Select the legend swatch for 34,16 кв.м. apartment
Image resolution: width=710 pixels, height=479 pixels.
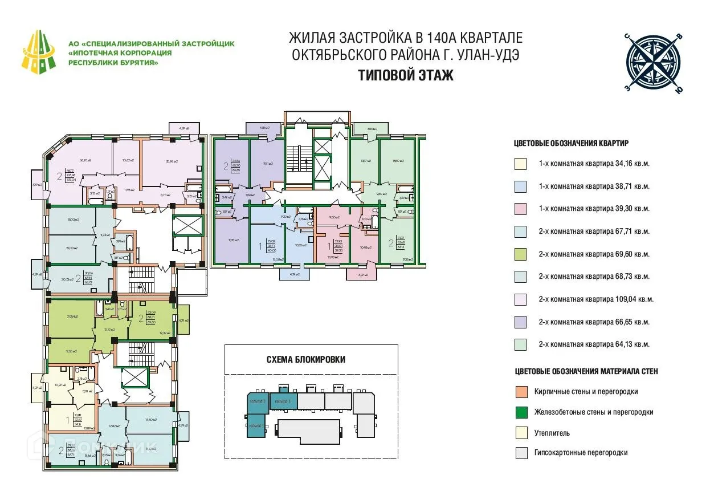tap(521, 164)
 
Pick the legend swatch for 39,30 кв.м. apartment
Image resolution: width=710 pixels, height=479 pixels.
tap(521, 209)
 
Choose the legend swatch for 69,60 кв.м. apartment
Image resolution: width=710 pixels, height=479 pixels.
tap(521, 254)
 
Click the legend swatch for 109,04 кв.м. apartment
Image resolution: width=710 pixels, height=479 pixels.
tap(521, 299)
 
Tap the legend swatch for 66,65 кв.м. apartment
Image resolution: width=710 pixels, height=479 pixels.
tap(521, 322)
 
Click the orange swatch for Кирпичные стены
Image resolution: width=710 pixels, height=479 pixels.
tap(521, 392)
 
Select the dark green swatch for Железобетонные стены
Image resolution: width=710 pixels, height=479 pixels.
tap(521, 412)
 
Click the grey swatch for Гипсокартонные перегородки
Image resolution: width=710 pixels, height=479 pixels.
tap(521, 453)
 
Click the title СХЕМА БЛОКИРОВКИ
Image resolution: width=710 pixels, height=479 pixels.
tap(305, 359)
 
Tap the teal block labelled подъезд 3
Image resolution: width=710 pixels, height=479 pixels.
tap(283, 401)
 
